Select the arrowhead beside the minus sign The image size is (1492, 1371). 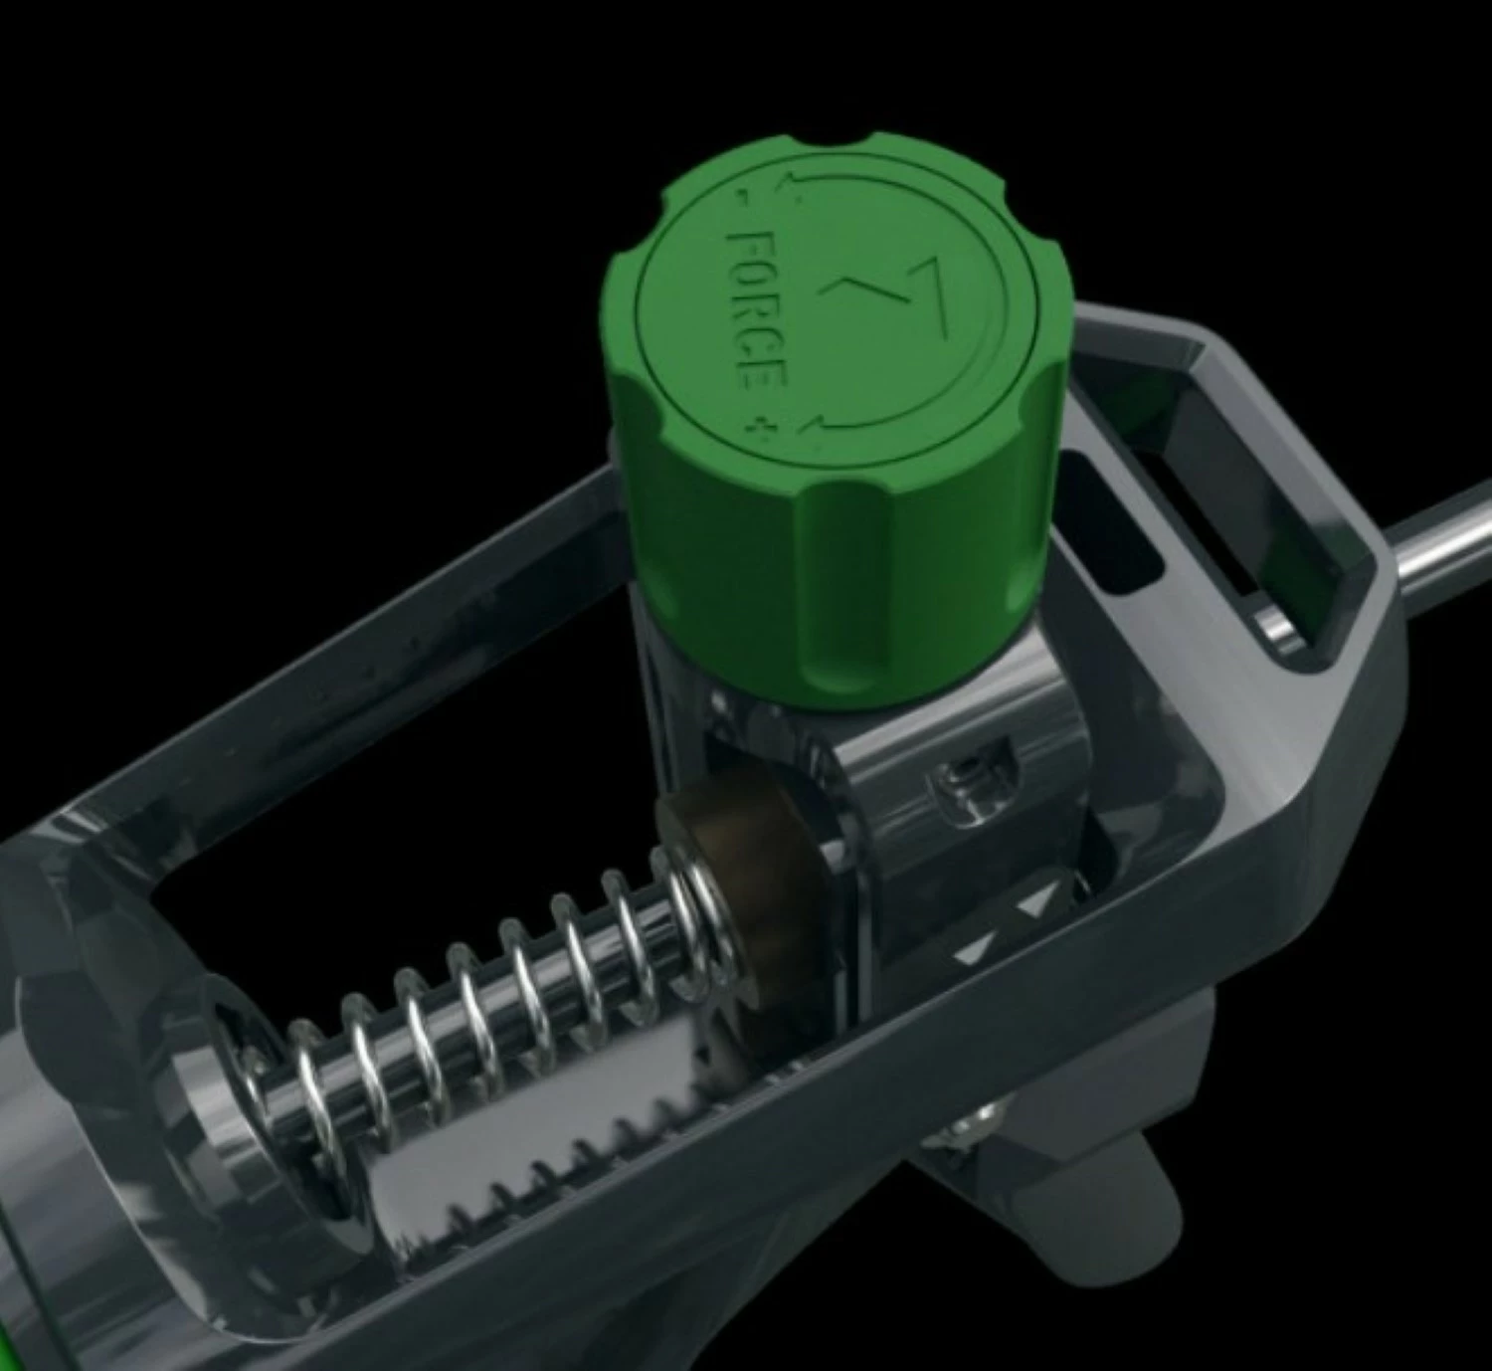tap(793, 185)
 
